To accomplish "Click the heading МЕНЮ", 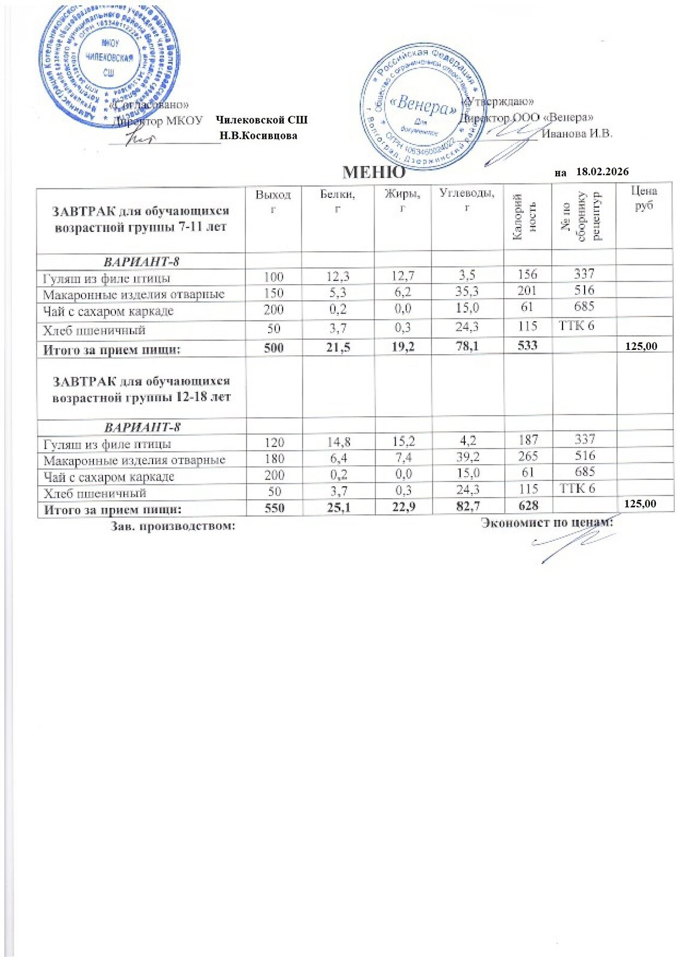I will click(373, 173).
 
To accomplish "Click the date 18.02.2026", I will click(602, 172).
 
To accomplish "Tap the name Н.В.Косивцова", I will click(259, 136).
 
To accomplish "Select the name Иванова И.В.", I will click(577, 133).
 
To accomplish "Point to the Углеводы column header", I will click(467, 200).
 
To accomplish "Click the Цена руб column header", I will click(644, 198).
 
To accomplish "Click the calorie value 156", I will click(527, 274).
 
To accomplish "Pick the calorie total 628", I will click(528, 505).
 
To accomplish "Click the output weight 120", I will click(274, 443).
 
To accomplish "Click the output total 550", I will click(274, 508).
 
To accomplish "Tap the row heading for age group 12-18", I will click(141, 389).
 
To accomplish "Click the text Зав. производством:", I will click(172, 526).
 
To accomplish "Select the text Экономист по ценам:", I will click(547, 523).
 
